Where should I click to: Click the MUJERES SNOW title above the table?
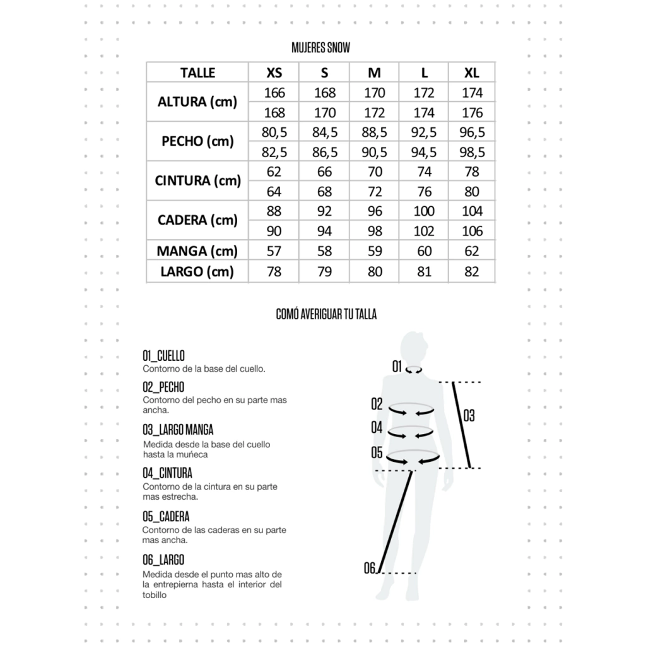[320, 48]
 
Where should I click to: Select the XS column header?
[274, 73]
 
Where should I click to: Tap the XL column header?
[472, 73]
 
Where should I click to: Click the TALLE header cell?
[197, 73]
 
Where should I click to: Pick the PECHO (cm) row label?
[197, 141]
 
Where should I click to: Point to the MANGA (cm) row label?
[197, 251]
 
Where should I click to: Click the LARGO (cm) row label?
[197, 272]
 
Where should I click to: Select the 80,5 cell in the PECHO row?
[274, 132]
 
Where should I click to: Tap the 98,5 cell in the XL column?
[472, 152]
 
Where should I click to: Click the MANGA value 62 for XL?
[472, 251]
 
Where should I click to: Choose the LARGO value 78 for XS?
[274, 272]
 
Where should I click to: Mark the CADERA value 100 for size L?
[424, 211]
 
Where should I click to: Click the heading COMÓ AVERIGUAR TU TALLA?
[326, 314]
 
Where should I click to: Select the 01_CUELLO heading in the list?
[163, 356]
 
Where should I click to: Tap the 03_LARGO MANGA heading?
[178, 430]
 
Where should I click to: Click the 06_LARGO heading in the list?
[163, 560]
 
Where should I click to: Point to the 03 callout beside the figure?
[469, 416]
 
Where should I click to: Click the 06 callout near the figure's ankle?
[370, 568]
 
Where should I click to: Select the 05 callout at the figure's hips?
[377, 452]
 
